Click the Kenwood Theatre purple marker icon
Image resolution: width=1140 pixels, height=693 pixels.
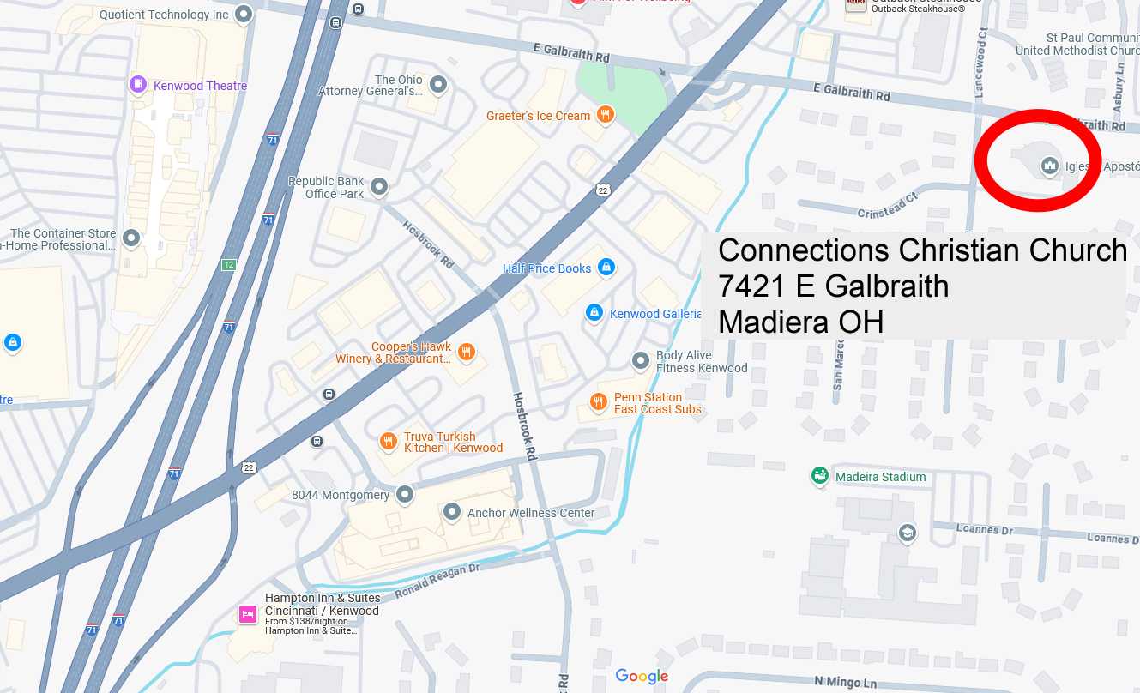point(138,85)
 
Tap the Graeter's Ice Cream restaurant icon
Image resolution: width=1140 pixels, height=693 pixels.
point(606,115)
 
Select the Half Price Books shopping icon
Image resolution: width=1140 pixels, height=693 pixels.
point(606,268)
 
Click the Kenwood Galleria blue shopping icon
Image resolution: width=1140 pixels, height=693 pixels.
point(594,313)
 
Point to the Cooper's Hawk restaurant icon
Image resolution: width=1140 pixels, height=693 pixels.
point(467,352)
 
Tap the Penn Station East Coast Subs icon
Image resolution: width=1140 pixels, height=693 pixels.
point(599,402)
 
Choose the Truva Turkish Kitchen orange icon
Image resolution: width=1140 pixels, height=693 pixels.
point(388,442)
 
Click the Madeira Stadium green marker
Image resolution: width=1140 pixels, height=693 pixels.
point(820,476)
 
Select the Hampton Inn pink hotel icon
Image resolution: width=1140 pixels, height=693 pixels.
point(248,613)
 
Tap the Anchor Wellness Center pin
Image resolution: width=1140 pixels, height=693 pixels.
point(452,512)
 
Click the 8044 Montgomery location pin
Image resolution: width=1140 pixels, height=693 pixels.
point(405,494)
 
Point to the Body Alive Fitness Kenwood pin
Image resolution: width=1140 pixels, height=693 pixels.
point(641,361)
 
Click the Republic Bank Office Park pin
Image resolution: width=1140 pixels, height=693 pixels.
point(379,187)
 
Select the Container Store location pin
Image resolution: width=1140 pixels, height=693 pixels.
point(131,238)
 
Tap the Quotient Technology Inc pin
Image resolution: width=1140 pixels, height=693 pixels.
point(244,14)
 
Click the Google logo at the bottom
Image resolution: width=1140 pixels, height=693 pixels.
point(642,677)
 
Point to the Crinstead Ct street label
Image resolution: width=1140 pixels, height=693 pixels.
point(887,206)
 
